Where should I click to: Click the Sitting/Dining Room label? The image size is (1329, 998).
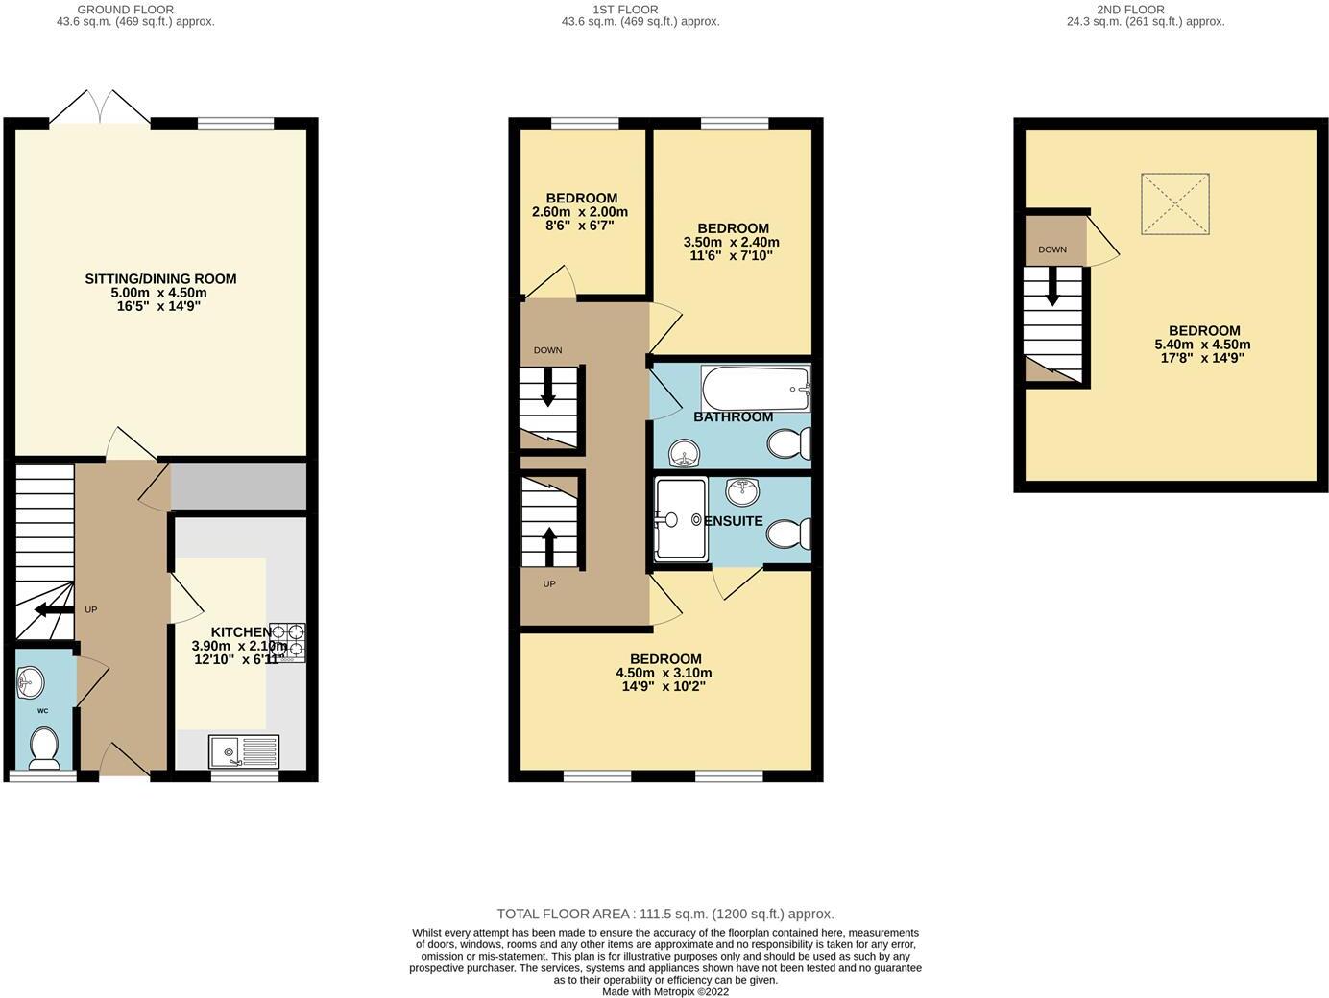tap(160, 279)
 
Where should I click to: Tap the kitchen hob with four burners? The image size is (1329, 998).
tap(287, 641)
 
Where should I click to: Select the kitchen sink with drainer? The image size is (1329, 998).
tap(244, 750)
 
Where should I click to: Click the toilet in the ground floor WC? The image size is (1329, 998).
tap(44, 748)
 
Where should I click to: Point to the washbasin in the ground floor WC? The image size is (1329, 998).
tap(31, 683)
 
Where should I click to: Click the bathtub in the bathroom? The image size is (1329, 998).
tap(756, 389)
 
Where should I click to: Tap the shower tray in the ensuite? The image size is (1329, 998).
tap(680, 519)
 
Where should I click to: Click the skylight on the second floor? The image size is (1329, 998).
tap(1174, 204)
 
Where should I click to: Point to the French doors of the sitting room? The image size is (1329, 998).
tap(100, 107)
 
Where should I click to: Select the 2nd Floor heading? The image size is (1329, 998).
tap(1145, 10)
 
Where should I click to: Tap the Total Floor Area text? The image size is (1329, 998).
tap(664, 914)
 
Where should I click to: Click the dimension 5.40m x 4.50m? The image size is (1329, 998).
tap(1202, 345)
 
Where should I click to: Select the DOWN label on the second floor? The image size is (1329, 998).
tap(1052, 249)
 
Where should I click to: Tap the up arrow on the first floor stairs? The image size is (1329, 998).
tap(549, 544)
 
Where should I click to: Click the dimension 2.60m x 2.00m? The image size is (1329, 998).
tap(580, 212)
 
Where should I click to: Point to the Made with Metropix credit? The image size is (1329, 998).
tap(664, 991)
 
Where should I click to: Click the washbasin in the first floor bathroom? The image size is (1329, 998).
tap(684, 452)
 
